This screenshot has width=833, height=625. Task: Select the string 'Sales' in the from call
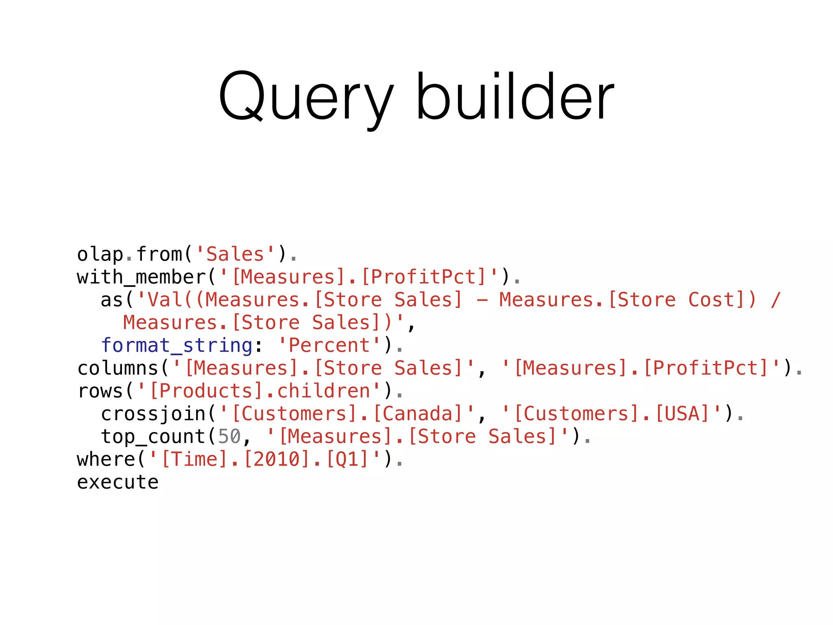[235, 254]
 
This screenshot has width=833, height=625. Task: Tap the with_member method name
[142, 278]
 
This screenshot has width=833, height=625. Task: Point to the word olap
[100, 255]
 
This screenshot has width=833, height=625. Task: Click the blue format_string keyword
[177, 345]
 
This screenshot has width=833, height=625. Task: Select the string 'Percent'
[329, 345]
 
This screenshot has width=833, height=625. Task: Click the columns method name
[118, 368]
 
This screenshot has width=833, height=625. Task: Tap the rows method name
[100, 391]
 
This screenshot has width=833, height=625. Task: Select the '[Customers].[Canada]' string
[347, 414]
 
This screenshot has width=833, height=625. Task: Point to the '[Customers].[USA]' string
[612, 414]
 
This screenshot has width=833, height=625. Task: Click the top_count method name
[153, 437]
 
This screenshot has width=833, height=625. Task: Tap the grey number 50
[229, 437]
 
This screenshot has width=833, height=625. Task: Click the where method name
[106, 459]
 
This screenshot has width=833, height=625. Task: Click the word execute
[118, 482]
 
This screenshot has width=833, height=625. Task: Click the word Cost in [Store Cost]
[712, 300]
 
